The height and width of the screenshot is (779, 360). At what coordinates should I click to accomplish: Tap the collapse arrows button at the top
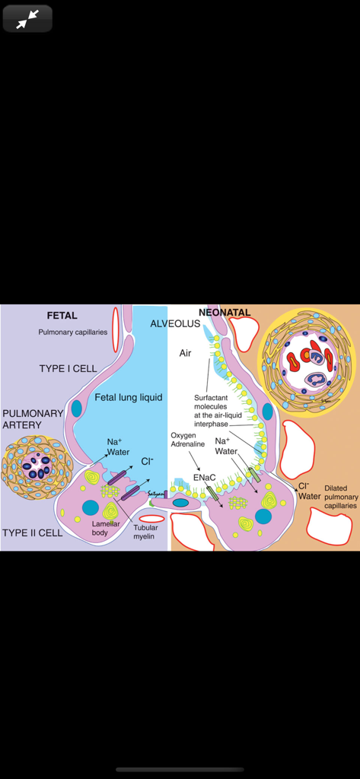point(27,19)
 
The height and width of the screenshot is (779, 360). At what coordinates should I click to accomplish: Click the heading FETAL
point(62,316)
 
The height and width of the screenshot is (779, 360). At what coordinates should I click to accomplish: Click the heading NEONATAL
point(225,313)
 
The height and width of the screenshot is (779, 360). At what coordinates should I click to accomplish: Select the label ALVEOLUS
point(175,324)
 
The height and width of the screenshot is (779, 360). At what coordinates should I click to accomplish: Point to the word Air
point(186,353)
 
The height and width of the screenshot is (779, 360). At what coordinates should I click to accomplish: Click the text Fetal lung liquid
point(129,398)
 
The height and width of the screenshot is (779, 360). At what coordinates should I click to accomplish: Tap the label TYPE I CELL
point(68,369)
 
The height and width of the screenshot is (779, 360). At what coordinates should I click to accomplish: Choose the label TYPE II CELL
point(33,533)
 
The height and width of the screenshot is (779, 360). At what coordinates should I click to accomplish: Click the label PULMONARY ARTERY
point(33,419)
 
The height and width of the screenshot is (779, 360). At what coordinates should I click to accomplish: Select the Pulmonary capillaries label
point(73,332)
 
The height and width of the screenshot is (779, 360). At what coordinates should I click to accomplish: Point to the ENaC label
point(203,477)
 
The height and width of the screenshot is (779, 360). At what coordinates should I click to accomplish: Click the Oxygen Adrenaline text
point(187,440)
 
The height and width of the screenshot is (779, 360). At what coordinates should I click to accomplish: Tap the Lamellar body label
point(106,528)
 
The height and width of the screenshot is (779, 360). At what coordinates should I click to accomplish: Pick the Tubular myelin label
point(145,532)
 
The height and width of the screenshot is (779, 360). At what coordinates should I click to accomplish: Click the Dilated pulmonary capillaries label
point(340,497)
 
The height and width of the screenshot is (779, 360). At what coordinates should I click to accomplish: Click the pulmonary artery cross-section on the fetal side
point(37,466)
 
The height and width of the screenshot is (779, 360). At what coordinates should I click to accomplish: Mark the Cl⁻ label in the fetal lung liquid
point(147,461)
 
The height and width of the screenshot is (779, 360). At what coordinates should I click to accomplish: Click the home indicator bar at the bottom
point(180,769)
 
